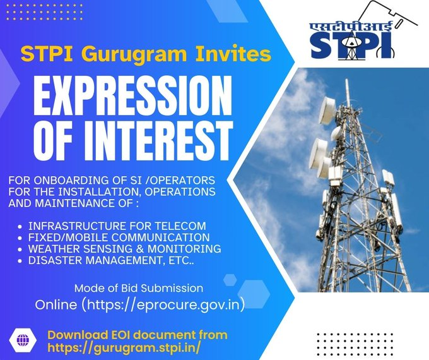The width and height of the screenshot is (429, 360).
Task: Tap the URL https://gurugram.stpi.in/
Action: (x=126, y=348)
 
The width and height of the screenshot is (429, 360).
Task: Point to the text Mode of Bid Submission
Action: (x=139, y=288)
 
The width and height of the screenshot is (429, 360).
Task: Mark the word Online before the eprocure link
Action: (x=56, y=304)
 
